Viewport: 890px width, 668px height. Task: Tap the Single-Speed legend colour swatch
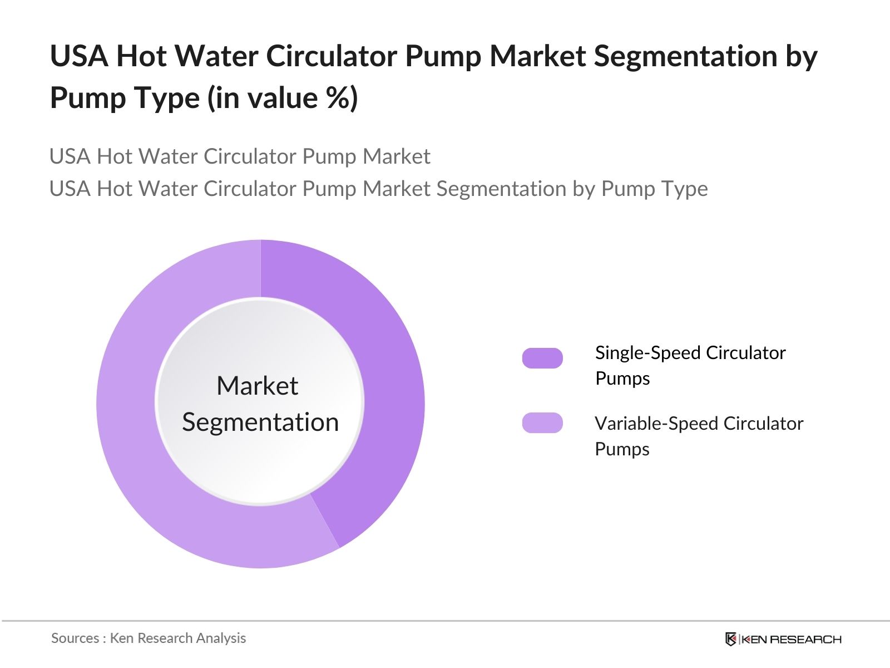point(542,358)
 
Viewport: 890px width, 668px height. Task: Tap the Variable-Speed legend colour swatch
point(542,423)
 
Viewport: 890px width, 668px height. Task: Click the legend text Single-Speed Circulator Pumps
point(690,365)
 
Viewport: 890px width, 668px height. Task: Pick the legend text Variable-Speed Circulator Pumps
point(699,436)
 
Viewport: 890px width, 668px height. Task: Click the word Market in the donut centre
point(257,386)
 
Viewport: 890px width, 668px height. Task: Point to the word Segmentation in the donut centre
point(260,423)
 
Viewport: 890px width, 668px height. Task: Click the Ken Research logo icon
point(731,639)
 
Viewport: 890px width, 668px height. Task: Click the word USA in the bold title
point(79,56)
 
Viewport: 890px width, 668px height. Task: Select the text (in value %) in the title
point(283,98)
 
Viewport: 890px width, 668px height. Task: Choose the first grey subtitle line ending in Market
point(240,156)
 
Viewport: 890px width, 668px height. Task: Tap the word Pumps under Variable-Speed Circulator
point(622,449)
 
